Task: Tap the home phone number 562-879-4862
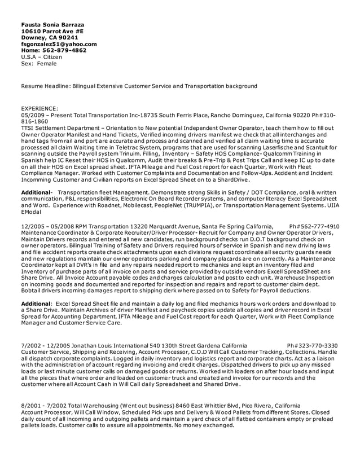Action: pyautogui.click(x=66, y=50)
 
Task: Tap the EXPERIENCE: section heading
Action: pyautogui.click(x=39, y=109)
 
